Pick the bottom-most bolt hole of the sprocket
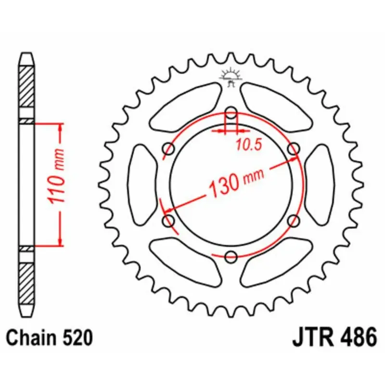coord(231,257)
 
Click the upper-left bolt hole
coord(169,149)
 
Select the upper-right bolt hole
coord(294,149)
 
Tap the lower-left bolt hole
coord(169,221)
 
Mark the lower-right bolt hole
coord(294,221)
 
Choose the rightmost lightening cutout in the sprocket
coord(320,185)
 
